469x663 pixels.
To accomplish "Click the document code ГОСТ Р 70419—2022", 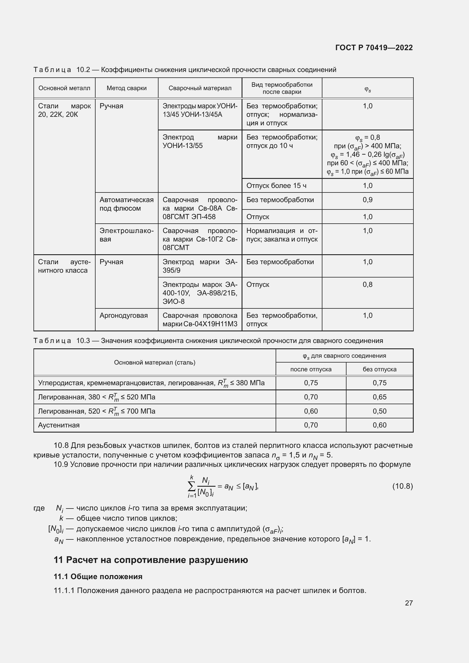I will pyautogui.click(x=374, y=48).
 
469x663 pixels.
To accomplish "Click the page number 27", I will pyautogui.click(x=409, y=603).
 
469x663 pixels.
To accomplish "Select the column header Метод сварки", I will pyautogui.click(x=126, y=88).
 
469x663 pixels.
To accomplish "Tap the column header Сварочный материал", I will pyautogui.click(x=200, y=88).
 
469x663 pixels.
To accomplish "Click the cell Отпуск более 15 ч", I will pyautogui.click(x=276, y=186).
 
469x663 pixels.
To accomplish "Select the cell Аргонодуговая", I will pyautogui.click(x=124, y=315).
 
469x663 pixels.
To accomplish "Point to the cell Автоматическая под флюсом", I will pyautogui.click(x=126, y=204).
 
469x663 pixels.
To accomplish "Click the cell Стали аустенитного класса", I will pyautogui.click(x=64, y=266).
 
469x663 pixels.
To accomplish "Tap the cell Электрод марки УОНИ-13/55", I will pyautogui.click(x=200, y=141).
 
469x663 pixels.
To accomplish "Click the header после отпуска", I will pyautogui.click(x=311, y=369).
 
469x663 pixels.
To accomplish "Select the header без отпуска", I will pyautogui.click(x=379, y=369).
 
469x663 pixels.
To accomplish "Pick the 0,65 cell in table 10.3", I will pyautogui.click(x=379, y=397).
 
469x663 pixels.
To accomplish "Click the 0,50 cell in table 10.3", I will pyautogui.click(x=379, y=411).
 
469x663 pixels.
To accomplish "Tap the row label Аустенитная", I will pyautogui.click(x=59, y=425).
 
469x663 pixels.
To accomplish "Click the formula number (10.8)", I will pyautogui.click(x=402, y=486).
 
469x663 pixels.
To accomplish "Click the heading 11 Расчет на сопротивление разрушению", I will pyautogui.click(x=151, y=560).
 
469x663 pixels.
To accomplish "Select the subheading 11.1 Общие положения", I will pyautogui.click(x=98, y=577).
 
